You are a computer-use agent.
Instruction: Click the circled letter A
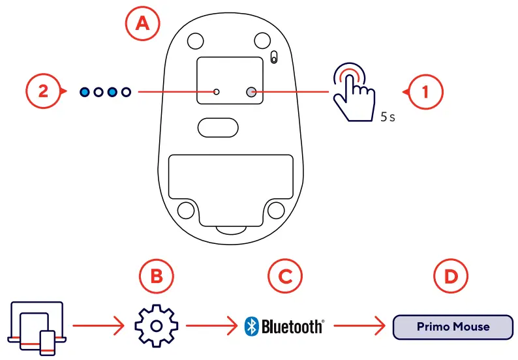point(142,24)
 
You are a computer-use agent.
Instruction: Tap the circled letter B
point(157,277)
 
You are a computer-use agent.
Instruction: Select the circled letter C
point(285,277)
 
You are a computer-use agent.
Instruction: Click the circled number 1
point(425,92)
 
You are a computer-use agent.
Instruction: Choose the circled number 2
point(43,92)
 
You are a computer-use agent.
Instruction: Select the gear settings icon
point(156,324)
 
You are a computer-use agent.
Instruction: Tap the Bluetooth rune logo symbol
point(251,325)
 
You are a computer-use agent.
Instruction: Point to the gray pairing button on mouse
point(251,93)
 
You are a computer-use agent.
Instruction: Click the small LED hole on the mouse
point(218,93)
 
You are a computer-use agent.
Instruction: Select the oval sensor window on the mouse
point(219,127)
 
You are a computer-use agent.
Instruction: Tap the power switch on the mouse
point(273,57)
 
